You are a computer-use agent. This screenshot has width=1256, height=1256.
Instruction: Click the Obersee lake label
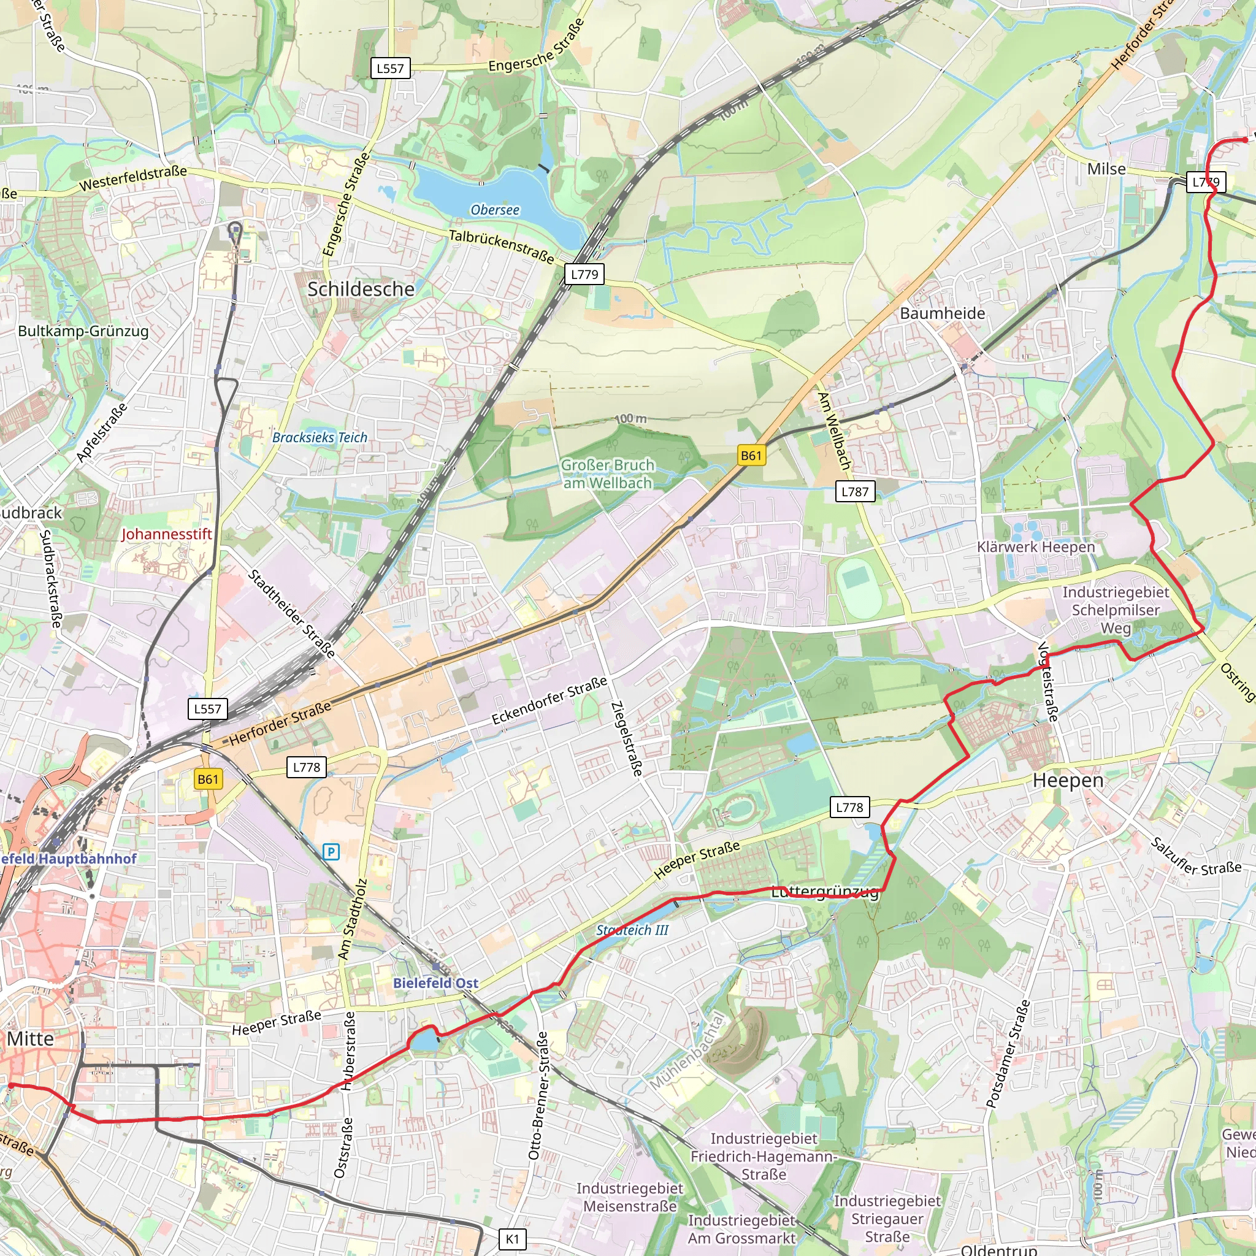[495, 210]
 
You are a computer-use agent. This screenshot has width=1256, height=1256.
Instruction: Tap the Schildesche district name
[361, 289]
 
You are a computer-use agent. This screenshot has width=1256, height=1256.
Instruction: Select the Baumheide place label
[942, 313]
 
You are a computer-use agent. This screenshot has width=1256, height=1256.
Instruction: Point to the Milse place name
[1106, 169]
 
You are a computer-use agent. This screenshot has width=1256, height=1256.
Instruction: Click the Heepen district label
[1068, 780]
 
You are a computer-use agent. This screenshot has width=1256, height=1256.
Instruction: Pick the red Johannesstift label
[166, 534]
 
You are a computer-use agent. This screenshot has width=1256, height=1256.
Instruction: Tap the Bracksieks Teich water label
[320, 437]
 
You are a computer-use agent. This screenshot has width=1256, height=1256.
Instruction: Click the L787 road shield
[854, 491]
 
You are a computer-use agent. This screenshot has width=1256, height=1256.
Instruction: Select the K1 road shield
[512, 1239]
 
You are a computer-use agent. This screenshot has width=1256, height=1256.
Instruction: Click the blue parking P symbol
[331, 851]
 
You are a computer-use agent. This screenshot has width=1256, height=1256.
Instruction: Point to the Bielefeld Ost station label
[435, 983]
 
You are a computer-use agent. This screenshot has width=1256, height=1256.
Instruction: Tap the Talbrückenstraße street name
[501, 246]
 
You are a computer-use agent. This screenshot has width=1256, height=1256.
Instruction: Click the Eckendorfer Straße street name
[549, 700]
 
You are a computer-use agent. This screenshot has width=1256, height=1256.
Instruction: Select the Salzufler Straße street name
[1195, 857]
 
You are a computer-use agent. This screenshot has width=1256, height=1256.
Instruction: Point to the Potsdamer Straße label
[1008, 1054]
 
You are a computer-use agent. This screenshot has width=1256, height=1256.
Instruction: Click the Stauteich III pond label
[632, 930]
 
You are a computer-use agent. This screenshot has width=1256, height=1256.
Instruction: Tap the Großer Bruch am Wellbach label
[607, 474]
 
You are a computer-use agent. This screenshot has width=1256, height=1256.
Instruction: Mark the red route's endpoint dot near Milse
[1244, 139]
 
